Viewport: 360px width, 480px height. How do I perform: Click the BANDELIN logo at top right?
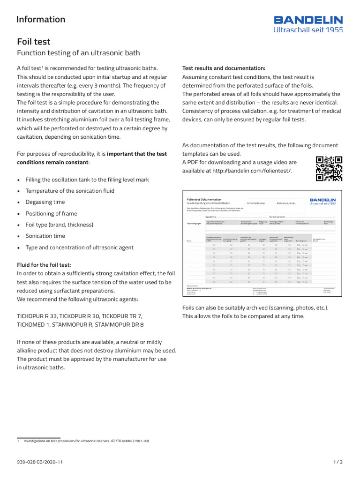pyautogui.click(x=308, y=24)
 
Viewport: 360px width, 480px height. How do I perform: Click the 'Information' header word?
pyautogui.click(x=41, y=19)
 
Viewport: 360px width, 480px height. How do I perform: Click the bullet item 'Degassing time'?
pyautogui.click(x=45, y=202)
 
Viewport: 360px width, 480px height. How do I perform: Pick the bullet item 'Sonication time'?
pyautogui.click(x=45, y=236)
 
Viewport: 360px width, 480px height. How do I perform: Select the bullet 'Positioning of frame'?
pyautogui.click(x=51, y=213)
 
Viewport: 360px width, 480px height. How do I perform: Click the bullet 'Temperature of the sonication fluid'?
pyautogui.click(x=70, y=191)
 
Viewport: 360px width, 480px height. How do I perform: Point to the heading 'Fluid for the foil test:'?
pyautogui.click(x=44, y=265)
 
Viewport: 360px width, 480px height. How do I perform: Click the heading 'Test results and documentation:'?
pyautogui.click(x=224, y=68)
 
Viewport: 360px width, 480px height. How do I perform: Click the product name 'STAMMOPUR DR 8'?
pyautogui.click(x=120, y=324)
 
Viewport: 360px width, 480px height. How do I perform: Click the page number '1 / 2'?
pyautogui.click(x=337, y=462)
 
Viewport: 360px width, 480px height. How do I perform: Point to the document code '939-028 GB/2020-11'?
pyautogui.click(x=39, y=462)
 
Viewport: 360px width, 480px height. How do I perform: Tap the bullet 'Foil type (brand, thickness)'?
pyautogui.click(x=59, y=225)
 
